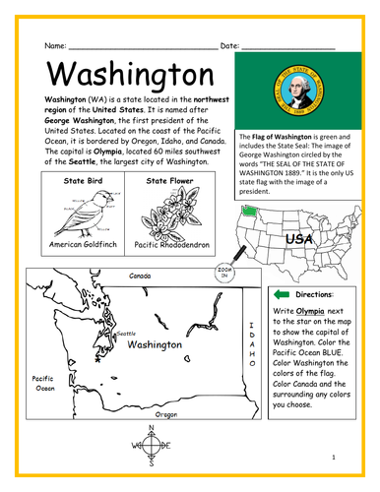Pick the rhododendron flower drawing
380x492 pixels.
(170, 213)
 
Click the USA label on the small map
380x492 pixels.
(298, 239)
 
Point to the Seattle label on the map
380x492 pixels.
(126, 334)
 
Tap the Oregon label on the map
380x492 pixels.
(166, 414)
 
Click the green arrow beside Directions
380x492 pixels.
(283, 293)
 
